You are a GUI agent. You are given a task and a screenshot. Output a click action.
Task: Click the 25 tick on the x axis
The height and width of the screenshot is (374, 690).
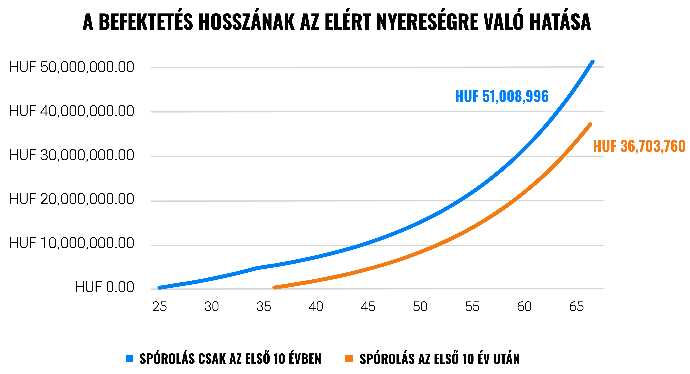pos(160,306)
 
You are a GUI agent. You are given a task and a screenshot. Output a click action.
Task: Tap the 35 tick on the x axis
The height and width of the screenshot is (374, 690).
pos(264,306)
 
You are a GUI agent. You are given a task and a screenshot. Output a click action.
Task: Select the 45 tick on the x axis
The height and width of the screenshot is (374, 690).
pos(368,306)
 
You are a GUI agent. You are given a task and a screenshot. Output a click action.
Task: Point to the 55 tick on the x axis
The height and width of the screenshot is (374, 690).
pos(472,306)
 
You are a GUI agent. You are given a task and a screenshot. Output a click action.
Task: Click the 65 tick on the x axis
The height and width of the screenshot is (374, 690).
pos(576,306)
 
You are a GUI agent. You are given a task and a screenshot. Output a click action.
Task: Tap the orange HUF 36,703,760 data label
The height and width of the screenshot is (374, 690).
pos(639,146)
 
